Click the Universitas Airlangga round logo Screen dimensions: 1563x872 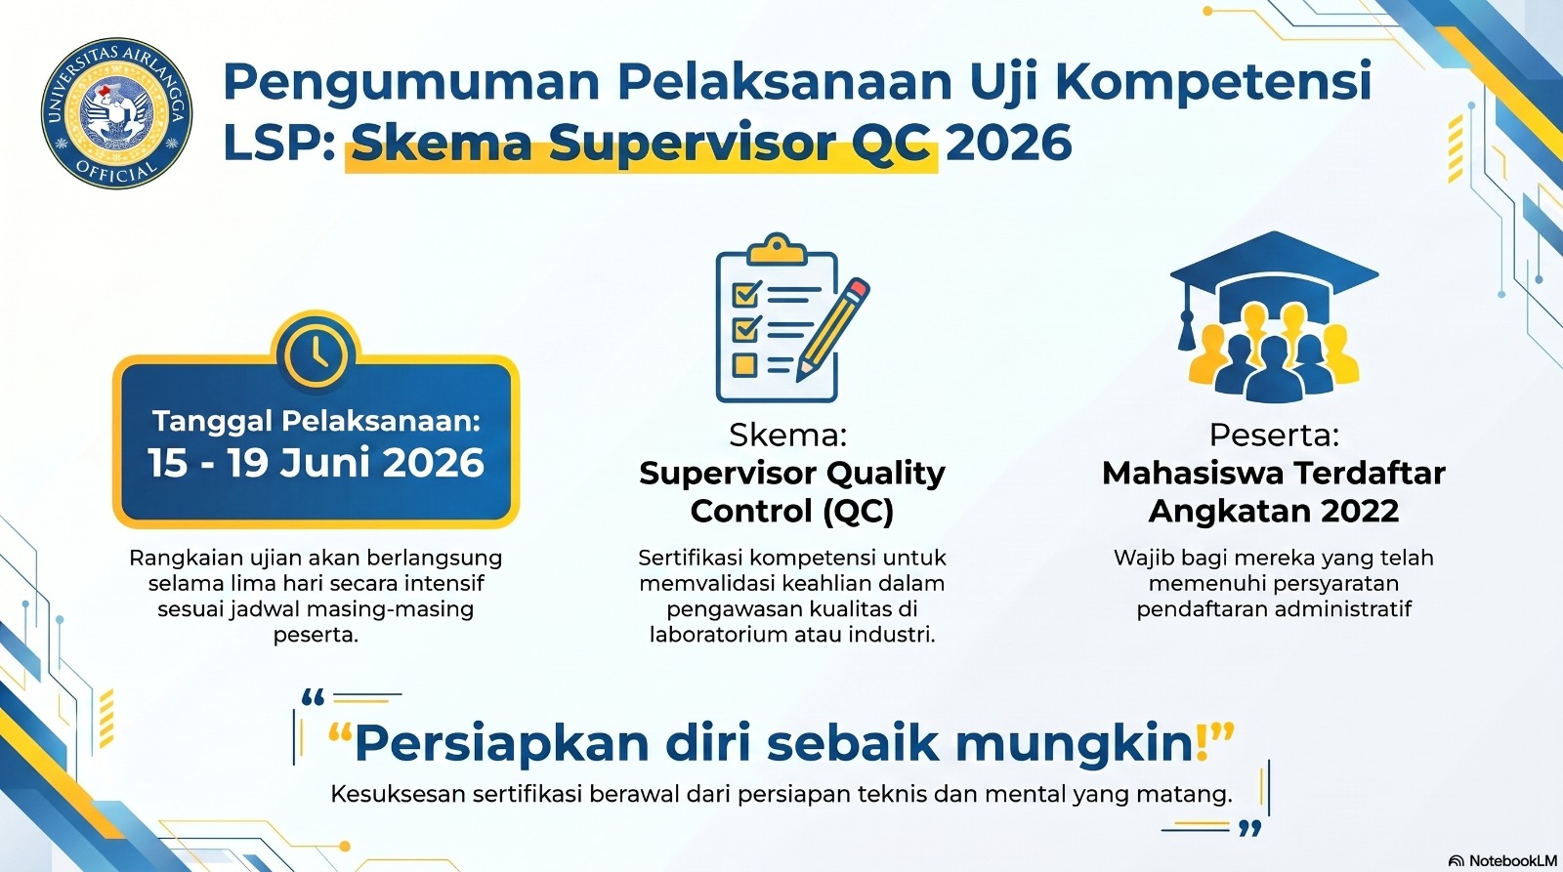116,113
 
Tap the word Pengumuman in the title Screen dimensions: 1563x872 411,83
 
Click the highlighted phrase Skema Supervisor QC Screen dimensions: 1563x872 642,144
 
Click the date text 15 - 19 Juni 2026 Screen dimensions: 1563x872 316,463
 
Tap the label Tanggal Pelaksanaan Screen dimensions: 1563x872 317,421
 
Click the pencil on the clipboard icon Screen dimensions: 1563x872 833,328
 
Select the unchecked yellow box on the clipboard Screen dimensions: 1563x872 744,364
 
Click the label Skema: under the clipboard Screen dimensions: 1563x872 787,436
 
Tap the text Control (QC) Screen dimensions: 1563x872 792,511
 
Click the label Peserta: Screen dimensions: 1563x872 1274,436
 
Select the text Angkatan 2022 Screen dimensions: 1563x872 1274,511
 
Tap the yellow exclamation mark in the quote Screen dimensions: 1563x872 1202,741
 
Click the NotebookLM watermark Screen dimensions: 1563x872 1503,861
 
